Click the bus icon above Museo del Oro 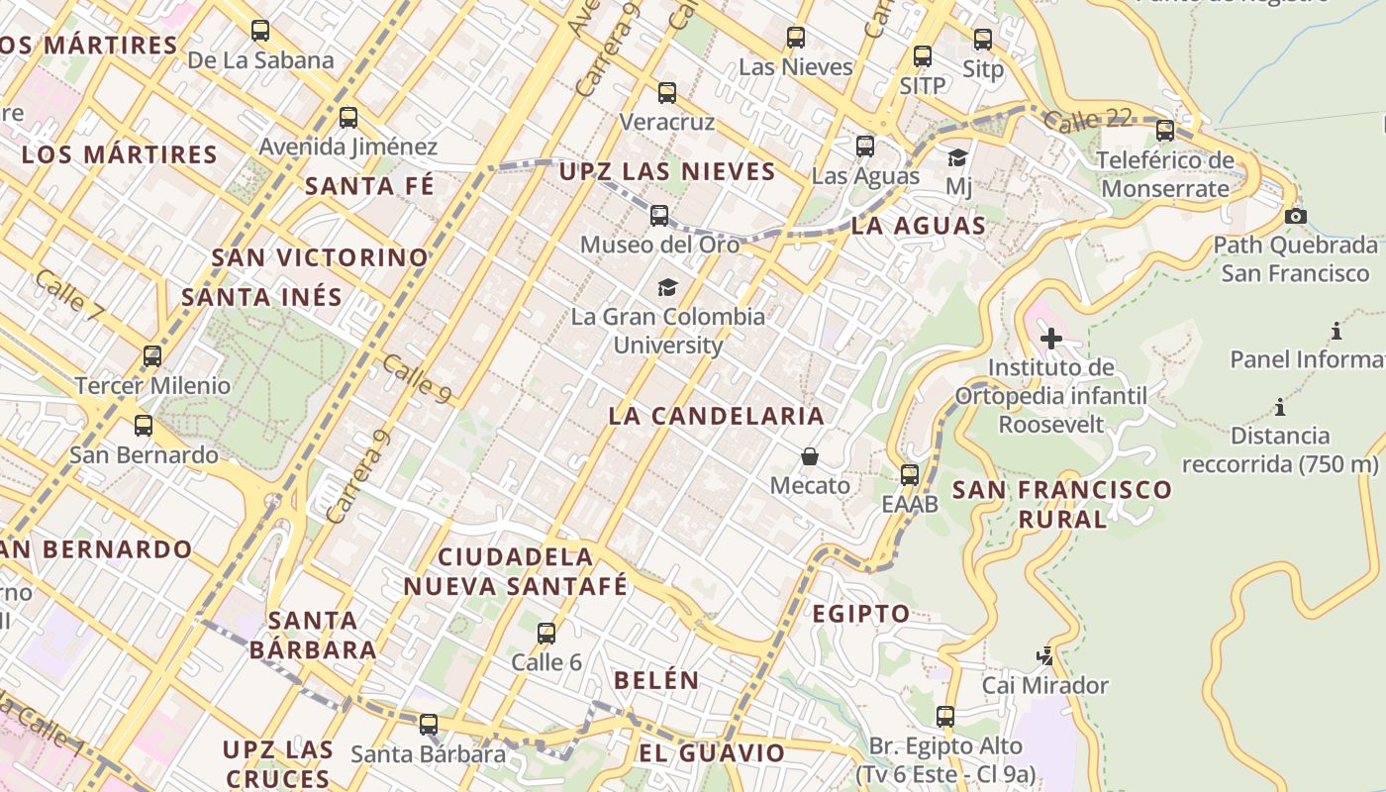click(x=659, y=215)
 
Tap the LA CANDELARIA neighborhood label click(x=716, y=416)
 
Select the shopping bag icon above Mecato click(x=810, y=456)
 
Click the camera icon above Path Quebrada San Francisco click(x=1295, y=216)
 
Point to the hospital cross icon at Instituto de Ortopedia click(x=1051, y=339)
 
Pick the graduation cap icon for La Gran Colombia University click(x=668, y=287)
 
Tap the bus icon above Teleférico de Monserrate click(x=1165, y=130)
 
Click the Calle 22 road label click(x=1087, y=120)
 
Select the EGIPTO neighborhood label click(x=861, y=614)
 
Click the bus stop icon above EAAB click(x=910, y=475)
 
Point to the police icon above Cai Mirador click(x=1044, y=655)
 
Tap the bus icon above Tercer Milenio click(x=152, y=356)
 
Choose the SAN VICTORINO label click(x=320, y=257)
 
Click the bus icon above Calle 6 click(x=546, y=634)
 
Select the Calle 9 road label click(x=417, y=380)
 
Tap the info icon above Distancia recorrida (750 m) click(x=1280, y=406)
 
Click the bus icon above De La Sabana click(x=260, y=31)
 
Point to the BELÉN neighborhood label click(x=656, y=680)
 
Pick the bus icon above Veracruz click(x=667, y=93)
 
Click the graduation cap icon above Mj click(x=957, y=157)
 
